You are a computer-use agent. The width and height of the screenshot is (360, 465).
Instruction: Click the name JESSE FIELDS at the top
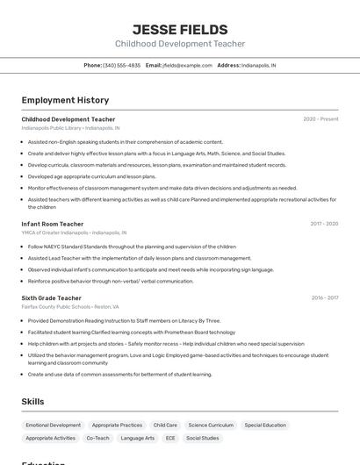[x=180, y=30]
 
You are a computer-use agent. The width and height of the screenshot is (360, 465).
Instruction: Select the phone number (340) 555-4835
[x=121, y=65]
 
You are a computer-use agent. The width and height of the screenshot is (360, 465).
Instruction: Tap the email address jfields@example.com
[x=187, y=65]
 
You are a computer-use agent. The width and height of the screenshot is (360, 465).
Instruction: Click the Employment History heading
[x=65, y=100]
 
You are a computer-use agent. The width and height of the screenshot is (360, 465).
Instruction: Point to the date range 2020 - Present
[x=320, y=119]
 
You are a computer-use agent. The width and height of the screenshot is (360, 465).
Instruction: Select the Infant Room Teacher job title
[x=53, y=224]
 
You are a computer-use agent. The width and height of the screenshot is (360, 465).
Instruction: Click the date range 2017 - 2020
[x=324, y=224]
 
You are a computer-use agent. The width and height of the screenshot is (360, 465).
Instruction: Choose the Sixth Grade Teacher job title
[x=52, y=298]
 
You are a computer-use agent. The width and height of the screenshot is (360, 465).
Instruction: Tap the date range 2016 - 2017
[x=325, y=298]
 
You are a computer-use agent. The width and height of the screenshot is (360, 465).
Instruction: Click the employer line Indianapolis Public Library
[x=70, y=128]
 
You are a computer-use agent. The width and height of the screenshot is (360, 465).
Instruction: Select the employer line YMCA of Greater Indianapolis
[x=74, y=232]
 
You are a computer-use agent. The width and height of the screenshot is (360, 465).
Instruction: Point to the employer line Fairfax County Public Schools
[x=70, y=307]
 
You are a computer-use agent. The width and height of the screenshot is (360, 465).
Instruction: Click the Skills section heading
[x=33, y=402]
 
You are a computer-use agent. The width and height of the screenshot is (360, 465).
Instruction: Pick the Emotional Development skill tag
[x=54, y=425]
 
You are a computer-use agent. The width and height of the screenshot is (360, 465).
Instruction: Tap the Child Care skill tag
[x=165, y=425]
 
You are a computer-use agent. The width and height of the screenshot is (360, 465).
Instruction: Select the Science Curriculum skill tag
[x=211, y=425]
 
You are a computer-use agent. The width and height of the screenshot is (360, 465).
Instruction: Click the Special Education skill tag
[x=265, y=425]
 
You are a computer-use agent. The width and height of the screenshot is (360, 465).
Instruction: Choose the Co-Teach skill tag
[x=97, y=438]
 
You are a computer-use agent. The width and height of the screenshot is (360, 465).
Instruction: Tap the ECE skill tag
[x=170, y=438]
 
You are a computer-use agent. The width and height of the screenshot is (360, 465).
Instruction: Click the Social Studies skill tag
[x=204, y=438]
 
